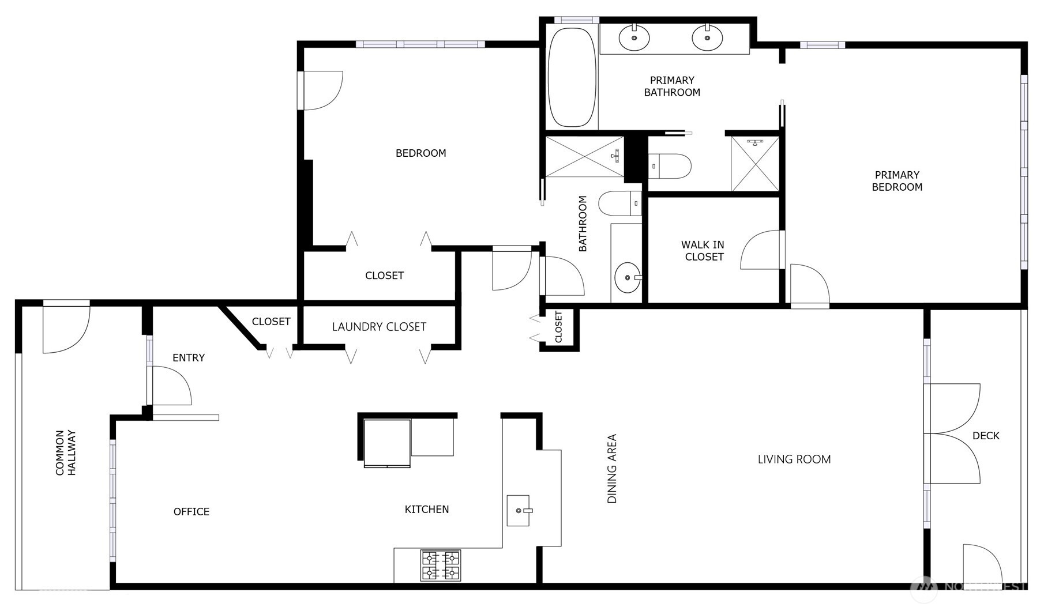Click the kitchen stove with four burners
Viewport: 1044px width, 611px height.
441,565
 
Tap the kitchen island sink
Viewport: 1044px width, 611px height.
518,510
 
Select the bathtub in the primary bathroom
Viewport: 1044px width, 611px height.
571,78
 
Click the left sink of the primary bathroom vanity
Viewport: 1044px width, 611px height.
634,38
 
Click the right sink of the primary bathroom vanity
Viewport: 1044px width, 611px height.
707,38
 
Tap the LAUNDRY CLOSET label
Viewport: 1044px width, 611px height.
379,327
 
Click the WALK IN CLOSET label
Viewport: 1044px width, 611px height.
703,251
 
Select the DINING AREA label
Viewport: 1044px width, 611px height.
612,469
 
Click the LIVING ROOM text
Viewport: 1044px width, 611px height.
794,459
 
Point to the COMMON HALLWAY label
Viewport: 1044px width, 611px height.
65,452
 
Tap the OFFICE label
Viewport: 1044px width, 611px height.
191,512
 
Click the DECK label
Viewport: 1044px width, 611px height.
986,436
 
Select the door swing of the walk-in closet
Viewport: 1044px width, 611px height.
760,250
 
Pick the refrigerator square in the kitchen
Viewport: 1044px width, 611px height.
387,443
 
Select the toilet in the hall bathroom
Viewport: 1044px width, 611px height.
619,203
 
